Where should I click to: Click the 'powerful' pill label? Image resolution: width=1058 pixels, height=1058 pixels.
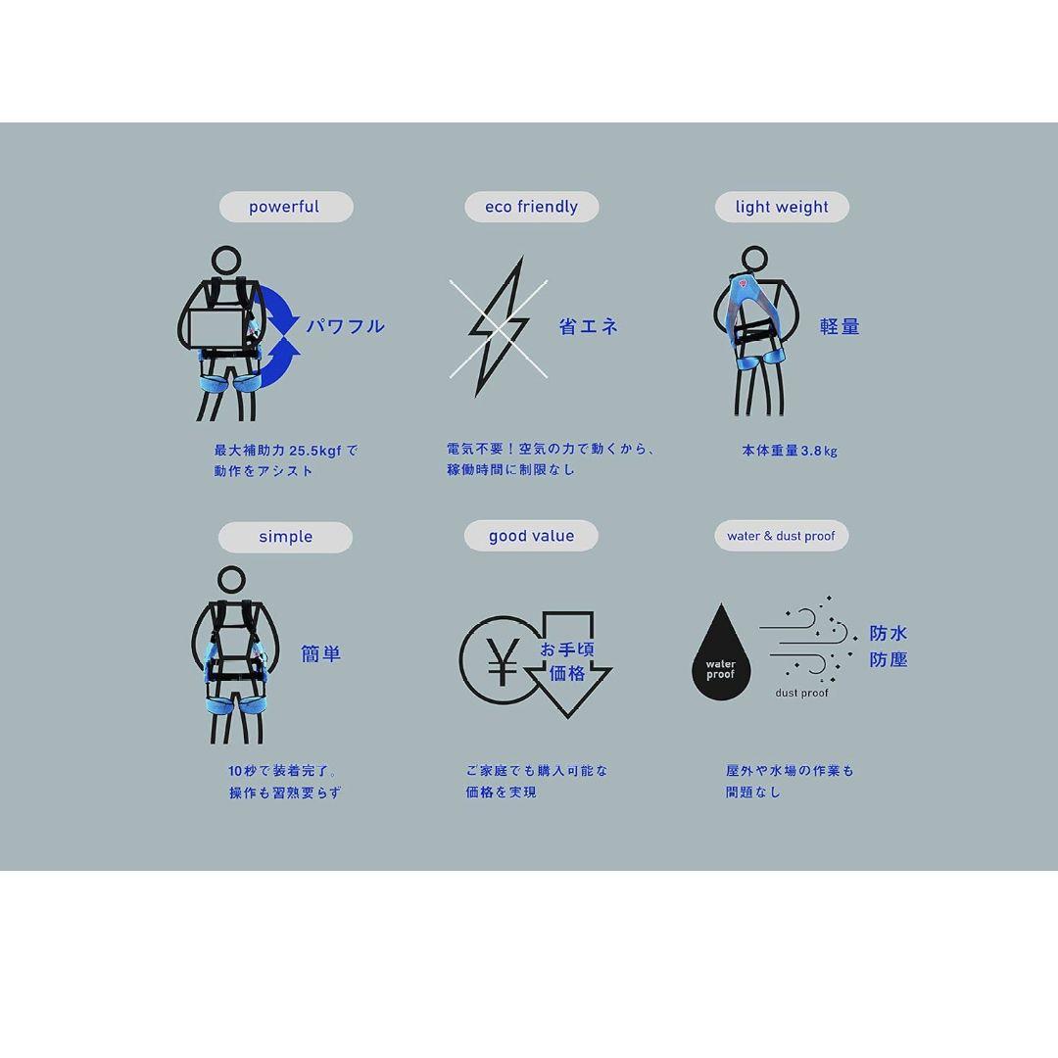(x=286, y=207)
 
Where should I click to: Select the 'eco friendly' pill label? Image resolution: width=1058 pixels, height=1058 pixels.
(x=532, y=207)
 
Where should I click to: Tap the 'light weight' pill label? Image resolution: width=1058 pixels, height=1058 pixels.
(x=782, y=207)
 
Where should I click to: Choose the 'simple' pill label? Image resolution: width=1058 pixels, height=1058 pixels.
(x=285, y=537)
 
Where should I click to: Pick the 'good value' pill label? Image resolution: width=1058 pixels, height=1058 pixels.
(x=531, y=536)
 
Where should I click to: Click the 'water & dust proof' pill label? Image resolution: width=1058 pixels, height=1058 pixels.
(x=782, y=536)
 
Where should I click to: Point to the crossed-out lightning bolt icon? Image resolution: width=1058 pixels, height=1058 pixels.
(x=499, y=328)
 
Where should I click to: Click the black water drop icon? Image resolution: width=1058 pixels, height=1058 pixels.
(x=721, y=652)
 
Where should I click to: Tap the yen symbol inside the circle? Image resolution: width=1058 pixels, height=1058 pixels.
(x=503, y=661)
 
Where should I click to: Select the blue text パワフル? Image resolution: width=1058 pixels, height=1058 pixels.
(x=346, y=326)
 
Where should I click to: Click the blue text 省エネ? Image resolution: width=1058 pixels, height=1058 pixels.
(x=589, y=326)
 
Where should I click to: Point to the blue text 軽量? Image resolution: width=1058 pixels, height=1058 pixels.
(x=840, y=326)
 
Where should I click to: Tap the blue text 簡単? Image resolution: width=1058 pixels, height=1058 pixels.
(x=320, y=653)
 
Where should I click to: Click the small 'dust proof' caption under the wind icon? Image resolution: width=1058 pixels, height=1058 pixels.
(x=801, y=693)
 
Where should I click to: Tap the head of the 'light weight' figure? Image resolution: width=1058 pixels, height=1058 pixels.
(x=754, y=261)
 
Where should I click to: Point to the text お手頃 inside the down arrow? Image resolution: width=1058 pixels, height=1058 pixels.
(x=567, y=649)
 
